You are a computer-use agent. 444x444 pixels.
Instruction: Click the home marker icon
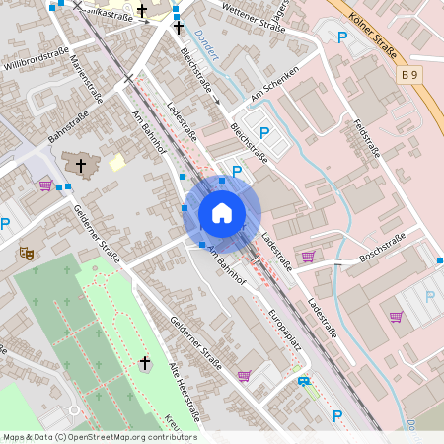click(x=222, y=213)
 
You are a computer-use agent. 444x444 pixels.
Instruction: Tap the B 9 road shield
click(x=409, y=75)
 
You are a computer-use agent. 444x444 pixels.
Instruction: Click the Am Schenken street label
click(x=274, y=91)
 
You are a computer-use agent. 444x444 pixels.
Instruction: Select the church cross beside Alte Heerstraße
click(x=145, y=364)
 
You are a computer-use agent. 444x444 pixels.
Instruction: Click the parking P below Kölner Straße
click(x=342, y=37)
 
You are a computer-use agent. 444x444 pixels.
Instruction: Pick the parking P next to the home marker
click(x=236, y=172)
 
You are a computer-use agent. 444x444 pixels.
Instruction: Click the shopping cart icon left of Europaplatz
click(x=244, y=374)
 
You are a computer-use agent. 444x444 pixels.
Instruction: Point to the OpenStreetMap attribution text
click(x=100, y=437)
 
